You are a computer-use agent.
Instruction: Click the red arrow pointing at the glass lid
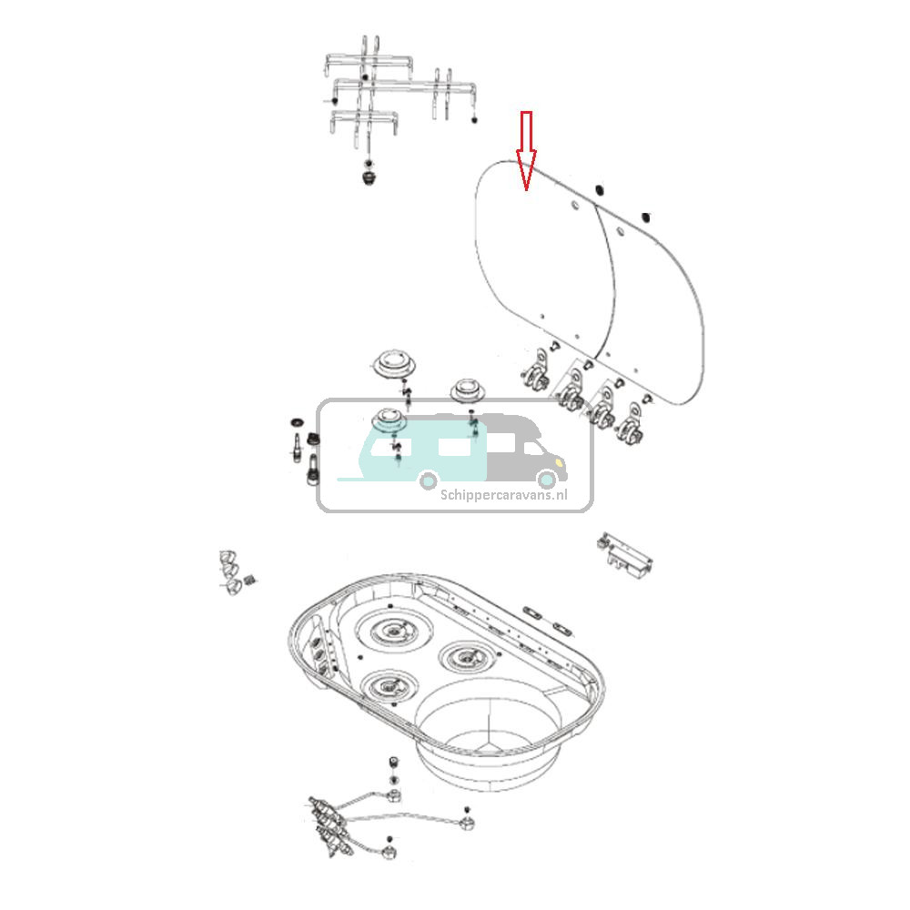pyautogui.click(x=526, y=150)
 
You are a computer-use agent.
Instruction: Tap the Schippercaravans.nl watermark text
pyautogui.click(x=503, y=496)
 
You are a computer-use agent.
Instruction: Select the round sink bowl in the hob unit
pyautogui.click(x=491, y=719)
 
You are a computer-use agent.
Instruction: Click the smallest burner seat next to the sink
pyautogui.click(x=465, y=653)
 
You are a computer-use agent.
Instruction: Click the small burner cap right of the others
pyautogui.click(x=470, y=391)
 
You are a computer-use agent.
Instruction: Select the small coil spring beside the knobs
pyautogui.click(x=256, y=580)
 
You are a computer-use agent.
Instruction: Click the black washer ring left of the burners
pyautogui.click(x=298, y=423)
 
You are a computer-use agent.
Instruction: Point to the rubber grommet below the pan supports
pyautogui.click(x=368, y=173)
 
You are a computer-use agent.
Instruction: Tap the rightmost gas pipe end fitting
pyautogui.click(x=468, y=821)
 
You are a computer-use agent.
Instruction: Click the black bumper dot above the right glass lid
pyautogui.click(x=645, y=217)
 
